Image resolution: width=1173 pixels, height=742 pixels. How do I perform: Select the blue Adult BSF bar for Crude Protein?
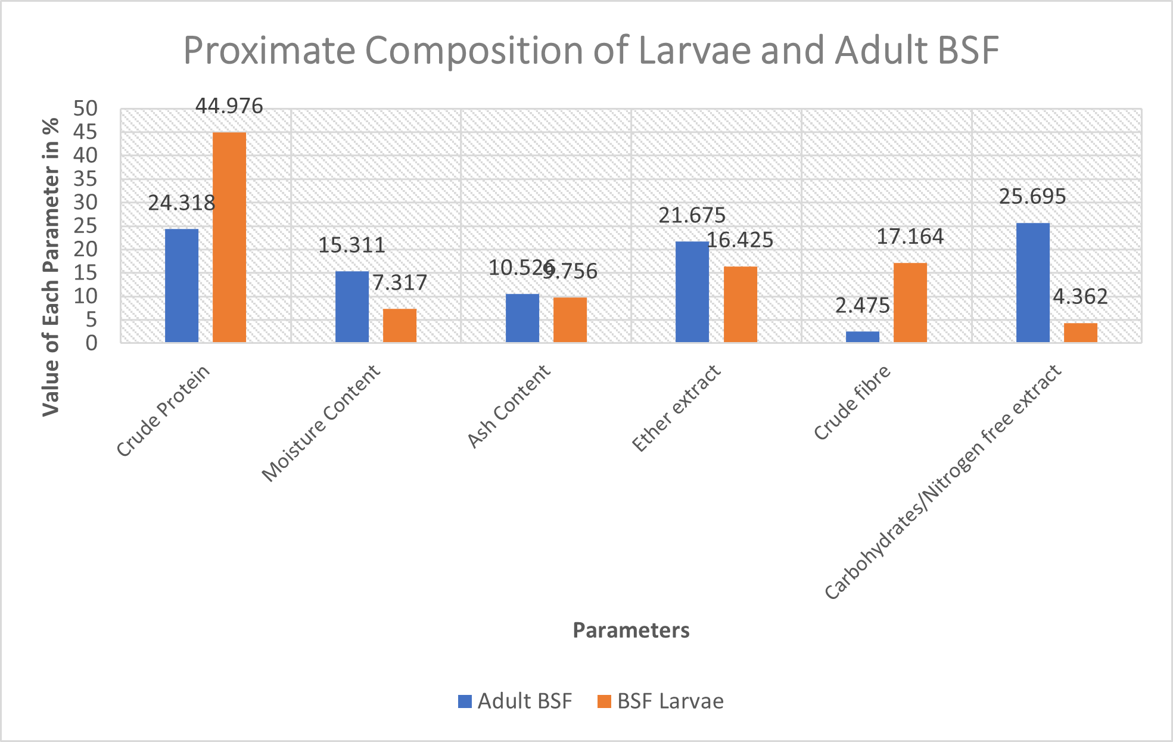tap(182, 285)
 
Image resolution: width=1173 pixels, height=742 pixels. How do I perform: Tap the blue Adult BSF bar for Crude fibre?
tap(863, 337)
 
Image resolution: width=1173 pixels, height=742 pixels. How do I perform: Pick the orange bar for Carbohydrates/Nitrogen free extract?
tap(1081, 333)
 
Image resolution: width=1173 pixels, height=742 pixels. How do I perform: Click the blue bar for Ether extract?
tap(692, 292)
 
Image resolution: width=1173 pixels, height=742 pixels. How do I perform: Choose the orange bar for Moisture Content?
tap(400, 325)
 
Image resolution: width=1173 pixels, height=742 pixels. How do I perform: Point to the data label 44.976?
tap(229, 106)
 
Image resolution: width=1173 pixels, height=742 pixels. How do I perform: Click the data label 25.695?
tap(1032, 197)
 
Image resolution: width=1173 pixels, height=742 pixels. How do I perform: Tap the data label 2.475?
tap(862, 306)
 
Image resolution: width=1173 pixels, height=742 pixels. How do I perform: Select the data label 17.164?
tap(910, 237)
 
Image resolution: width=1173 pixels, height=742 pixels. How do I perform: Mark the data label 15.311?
tap(351, 245)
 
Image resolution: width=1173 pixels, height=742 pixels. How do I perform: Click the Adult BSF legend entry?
tap(515, 701)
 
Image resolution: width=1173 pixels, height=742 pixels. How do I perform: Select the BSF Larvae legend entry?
tap(661, 701)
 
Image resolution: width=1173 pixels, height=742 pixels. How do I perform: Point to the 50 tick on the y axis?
tap(85, 108)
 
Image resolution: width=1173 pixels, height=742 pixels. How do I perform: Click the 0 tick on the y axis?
tap(91, 343)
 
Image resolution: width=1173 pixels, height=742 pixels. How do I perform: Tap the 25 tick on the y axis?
tap(85, 226)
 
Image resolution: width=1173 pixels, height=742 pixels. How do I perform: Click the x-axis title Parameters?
tap(631, 630)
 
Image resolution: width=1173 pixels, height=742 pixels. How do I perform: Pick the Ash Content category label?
tap(509, 406)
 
